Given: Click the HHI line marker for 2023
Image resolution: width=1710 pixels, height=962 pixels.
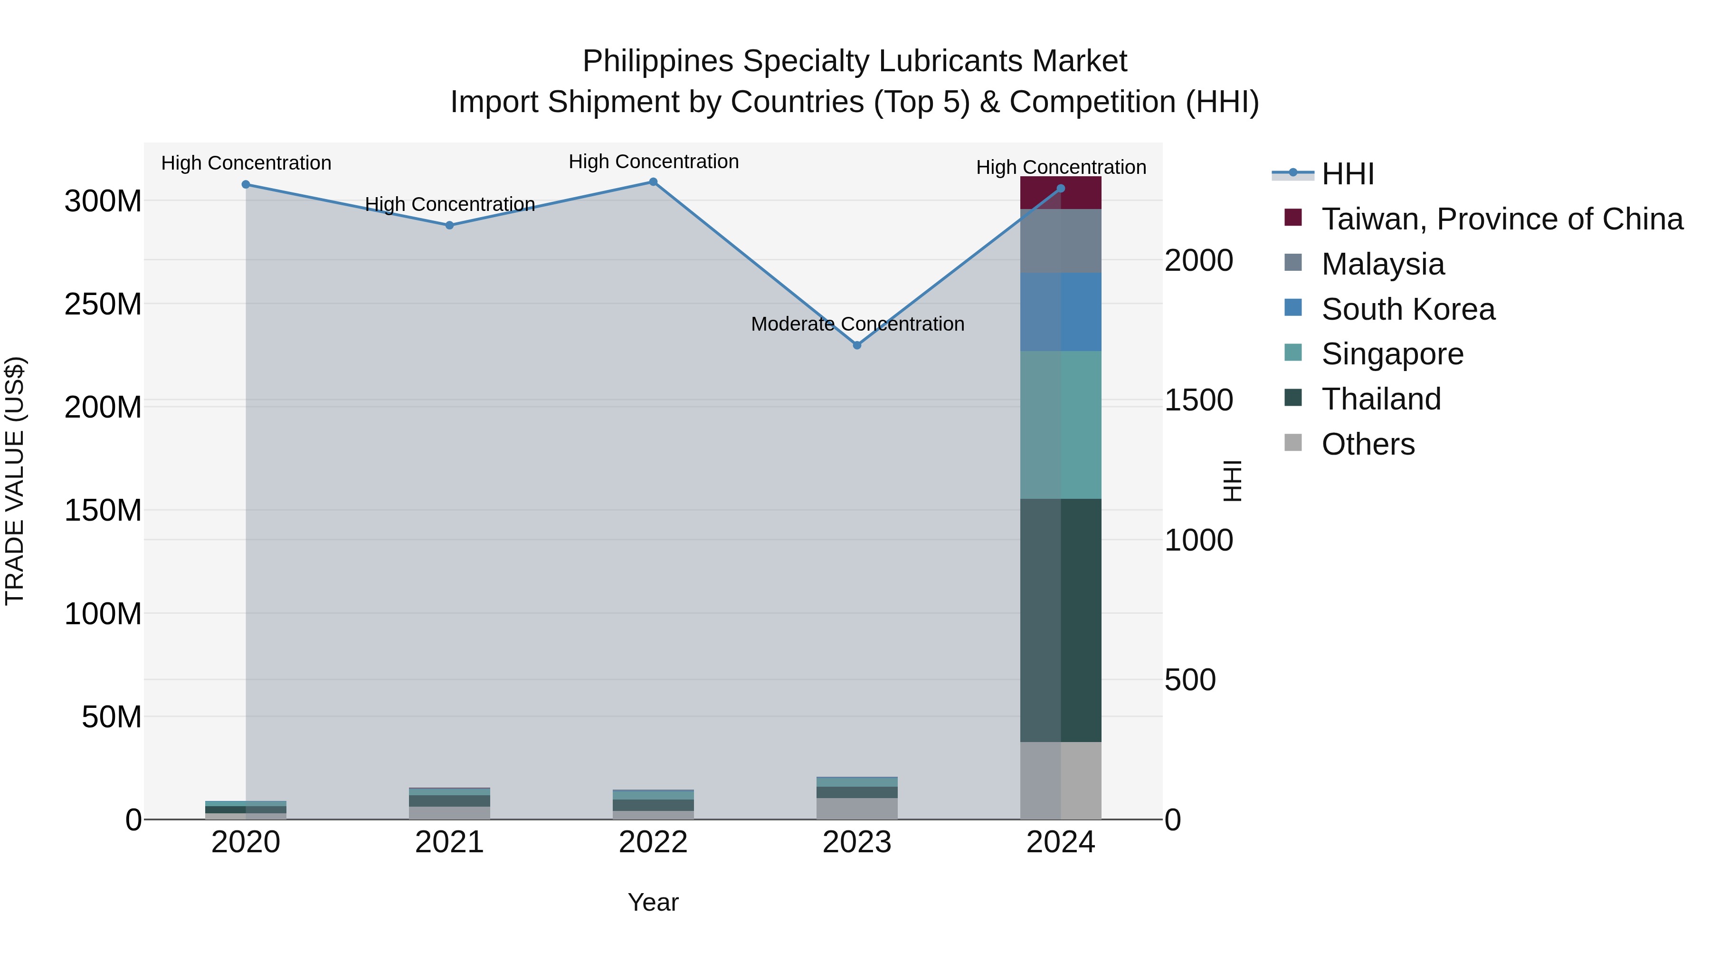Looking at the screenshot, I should click(857, 345).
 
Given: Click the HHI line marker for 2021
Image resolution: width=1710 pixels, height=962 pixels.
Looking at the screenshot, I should click(449, 226).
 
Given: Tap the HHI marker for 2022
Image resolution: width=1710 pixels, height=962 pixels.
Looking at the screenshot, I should click(653, 182).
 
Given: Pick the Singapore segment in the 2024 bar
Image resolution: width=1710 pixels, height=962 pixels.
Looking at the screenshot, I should click(1061, 425).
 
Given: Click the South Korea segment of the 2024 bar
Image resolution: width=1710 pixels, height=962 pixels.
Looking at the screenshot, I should click(1061, 312).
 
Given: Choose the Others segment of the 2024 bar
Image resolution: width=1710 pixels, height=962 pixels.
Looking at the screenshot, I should click(1061, 780).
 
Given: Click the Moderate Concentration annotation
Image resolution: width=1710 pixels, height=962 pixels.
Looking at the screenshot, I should click(857, 324).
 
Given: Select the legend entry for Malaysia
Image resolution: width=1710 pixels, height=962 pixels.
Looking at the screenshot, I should click(1383, 264).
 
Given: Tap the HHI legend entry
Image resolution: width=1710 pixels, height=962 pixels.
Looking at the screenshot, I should click(1348, 174).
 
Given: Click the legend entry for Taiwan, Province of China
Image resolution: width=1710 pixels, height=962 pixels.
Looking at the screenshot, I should click(1501, 219).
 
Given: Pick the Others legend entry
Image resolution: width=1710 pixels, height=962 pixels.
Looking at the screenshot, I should click(1368, 444).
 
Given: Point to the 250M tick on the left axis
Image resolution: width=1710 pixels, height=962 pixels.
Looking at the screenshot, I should click(103, 304).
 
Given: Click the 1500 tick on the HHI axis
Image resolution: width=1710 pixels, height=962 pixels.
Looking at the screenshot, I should click(1198, 400).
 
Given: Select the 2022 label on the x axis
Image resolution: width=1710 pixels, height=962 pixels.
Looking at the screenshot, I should click(653, 842).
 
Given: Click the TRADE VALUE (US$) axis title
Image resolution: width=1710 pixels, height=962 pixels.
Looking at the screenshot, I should click(15, 481).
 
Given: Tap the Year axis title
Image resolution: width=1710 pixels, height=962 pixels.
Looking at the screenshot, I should click(653, 902).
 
